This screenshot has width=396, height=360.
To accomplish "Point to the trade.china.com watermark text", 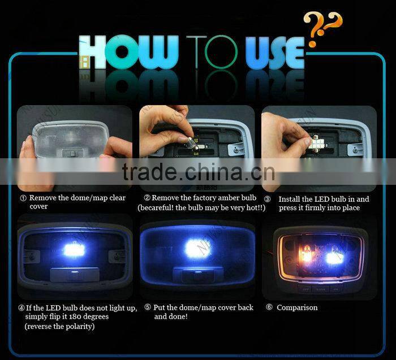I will (x=199, y=171).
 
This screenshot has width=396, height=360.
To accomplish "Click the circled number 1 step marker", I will (x=23, y=198).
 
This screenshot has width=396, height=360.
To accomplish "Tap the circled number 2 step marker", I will (x=147, y=198).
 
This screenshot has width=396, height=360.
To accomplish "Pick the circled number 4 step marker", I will (x=21, y=309).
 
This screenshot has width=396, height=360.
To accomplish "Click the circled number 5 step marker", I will (x=148, y=308).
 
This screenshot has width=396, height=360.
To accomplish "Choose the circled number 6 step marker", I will (x=269, y=308).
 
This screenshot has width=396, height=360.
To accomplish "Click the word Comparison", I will (x=297, y=308).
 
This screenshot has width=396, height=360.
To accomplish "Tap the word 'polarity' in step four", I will (x=79, y=327).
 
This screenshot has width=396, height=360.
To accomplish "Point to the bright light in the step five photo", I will (x=197, y=248).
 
